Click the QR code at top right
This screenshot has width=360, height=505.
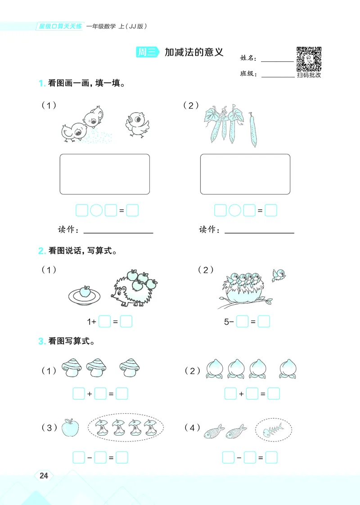[x=309, y=59]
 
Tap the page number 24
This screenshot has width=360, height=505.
[x=44, y=476]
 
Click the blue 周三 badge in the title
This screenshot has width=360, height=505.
[x=147, y=52]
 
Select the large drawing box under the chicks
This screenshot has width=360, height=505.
[x=104, y=174]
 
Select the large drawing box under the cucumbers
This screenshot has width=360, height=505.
[x=245, y=174]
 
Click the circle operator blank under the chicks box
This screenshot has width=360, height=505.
[x=96, y=210]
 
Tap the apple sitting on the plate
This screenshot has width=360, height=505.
[x=85, y=292]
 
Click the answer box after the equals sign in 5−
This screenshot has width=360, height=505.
[x=264, y=321]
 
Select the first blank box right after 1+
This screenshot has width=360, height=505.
[x=104, y=322]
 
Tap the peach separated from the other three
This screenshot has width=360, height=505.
[x=288, y=369]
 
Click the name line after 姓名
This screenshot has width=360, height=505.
[x=277, y=60]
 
